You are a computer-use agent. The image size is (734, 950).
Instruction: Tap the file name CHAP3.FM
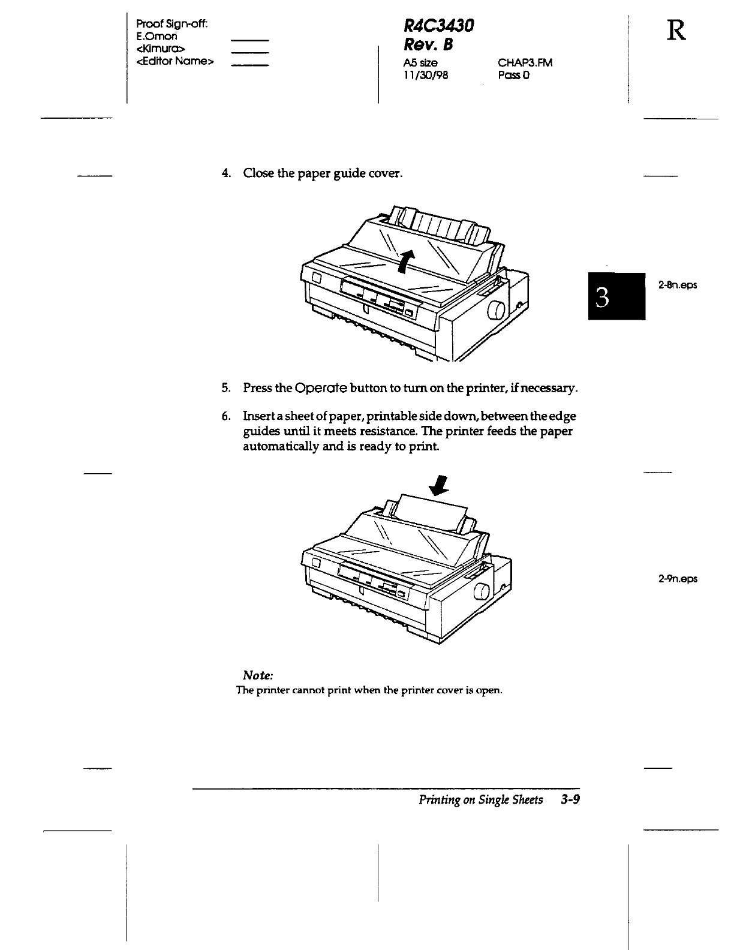525,62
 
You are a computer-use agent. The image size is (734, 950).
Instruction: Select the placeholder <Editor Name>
175,61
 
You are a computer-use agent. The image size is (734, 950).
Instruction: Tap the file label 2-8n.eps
678,285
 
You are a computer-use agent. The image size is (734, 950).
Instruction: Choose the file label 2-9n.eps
678,579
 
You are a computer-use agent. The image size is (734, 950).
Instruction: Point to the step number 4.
225,174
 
